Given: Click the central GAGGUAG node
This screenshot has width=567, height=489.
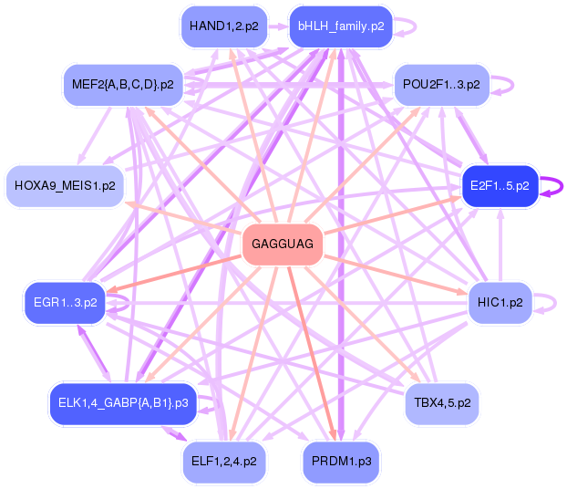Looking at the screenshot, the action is click(283, 244).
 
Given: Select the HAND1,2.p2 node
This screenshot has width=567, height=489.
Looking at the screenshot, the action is click(224, 26).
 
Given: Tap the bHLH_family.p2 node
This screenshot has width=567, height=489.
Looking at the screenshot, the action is click(341, 26).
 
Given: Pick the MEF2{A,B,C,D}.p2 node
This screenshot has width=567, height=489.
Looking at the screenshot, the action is click(123, 85).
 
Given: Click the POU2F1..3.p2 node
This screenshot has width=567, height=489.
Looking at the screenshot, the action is click(441, 85).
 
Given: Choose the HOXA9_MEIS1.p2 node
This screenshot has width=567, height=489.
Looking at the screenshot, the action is click(65, 186).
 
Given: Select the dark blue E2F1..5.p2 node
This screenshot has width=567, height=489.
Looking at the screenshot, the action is click(500, 186).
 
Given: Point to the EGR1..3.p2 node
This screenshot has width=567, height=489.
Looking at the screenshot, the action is click(65, 302).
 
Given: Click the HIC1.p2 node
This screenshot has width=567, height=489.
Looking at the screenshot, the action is click(500, 302).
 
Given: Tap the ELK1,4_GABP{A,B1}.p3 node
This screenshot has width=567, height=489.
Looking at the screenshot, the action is click(123, 403).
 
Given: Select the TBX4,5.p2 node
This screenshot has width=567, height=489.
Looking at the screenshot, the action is click(442, 403).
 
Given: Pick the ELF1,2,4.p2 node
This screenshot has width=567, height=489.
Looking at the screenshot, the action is click(224, 462).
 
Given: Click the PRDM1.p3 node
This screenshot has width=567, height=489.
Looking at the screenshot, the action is click(341, 462).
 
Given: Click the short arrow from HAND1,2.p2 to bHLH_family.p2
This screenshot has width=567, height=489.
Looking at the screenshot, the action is click(278, 26).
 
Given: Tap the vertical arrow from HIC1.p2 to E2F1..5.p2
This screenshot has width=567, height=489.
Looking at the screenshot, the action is click(500, 244).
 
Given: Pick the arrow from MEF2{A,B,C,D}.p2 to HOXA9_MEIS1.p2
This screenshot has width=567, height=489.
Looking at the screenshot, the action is click(94, 136).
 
